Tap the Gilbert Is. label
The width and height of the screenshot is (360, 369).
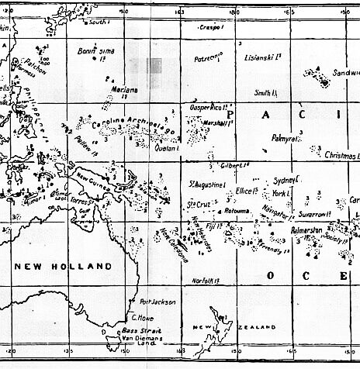coord(233,165)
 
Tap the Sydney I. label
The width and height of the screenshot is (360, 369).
coord(286,178)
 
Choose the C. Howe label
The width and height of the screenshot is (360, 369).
coord(140,317)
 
